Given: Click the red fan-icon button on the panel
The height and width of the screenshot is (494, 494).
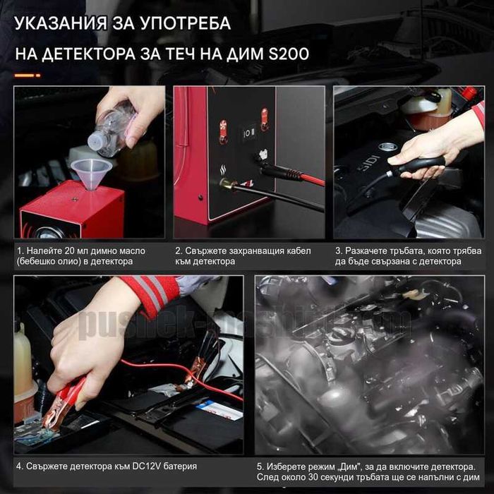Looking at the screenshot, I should (x=222, y=130).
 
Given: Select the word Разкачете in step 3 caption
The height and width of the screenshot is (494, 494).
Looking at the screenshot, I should (x=373, y=250).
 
